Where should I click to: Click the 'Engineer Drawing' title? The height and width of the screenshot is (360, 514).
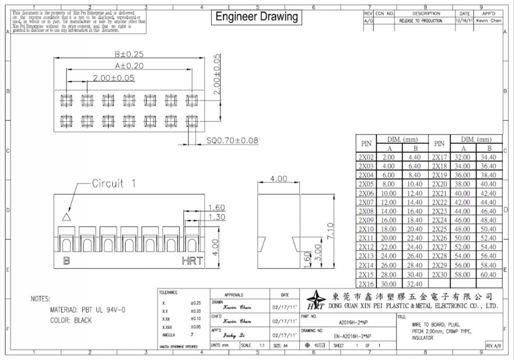point(256,17)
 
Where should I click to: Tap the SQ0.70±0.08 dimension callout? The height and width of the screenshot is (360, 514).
point(232,141)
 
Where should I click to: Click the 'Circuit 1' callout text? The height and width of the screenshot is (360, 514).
point(114,184)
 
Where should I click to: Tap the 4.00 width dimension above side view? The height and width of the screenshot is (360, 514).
point(279,179)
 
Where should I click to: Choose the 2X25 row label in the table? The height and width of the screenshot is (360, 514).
point(439,229)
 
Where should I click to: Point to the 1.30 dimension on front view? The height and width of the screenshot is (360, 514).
point(216,217)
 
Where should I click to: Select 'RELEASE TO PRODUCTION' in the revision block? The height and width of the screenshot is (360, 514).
point(420,21)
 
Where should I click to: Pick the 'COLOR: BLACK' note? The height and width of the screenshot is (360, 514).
point(71,320)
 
